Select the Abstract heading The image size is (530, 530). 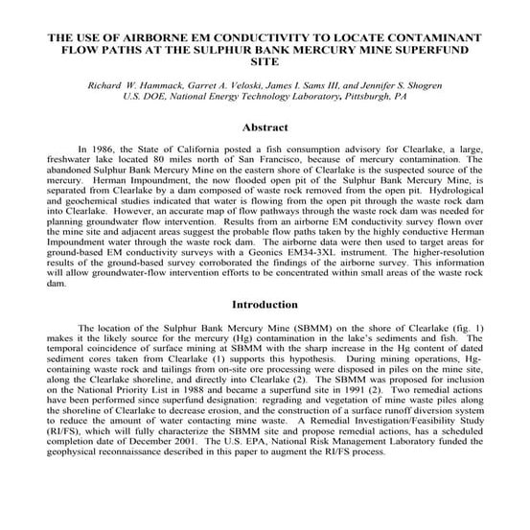[265, 127]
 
